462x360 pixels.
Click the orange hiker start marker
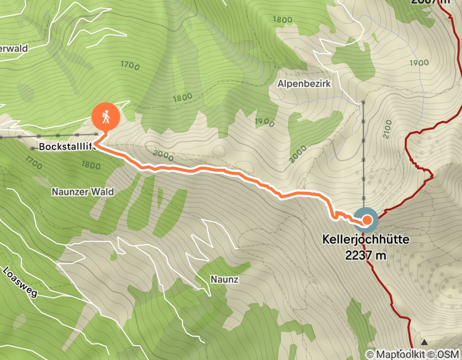point(106,117)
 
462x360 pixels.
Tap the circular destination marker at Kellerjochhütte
point(366,221)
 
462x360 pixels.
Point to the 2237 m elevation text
point(366,255)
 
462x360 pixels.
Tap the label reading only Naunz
point(224,279)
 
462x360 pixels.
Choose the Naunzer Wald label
point(82,192)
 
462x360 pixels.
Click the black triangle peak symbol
point(424,342)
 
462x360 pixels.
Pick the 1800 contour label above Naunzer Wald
point(91,166)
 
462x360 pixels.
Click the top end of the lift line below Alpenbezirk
point(363,103)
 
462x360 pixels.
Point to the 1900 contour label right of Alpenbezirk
point(420,63)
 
